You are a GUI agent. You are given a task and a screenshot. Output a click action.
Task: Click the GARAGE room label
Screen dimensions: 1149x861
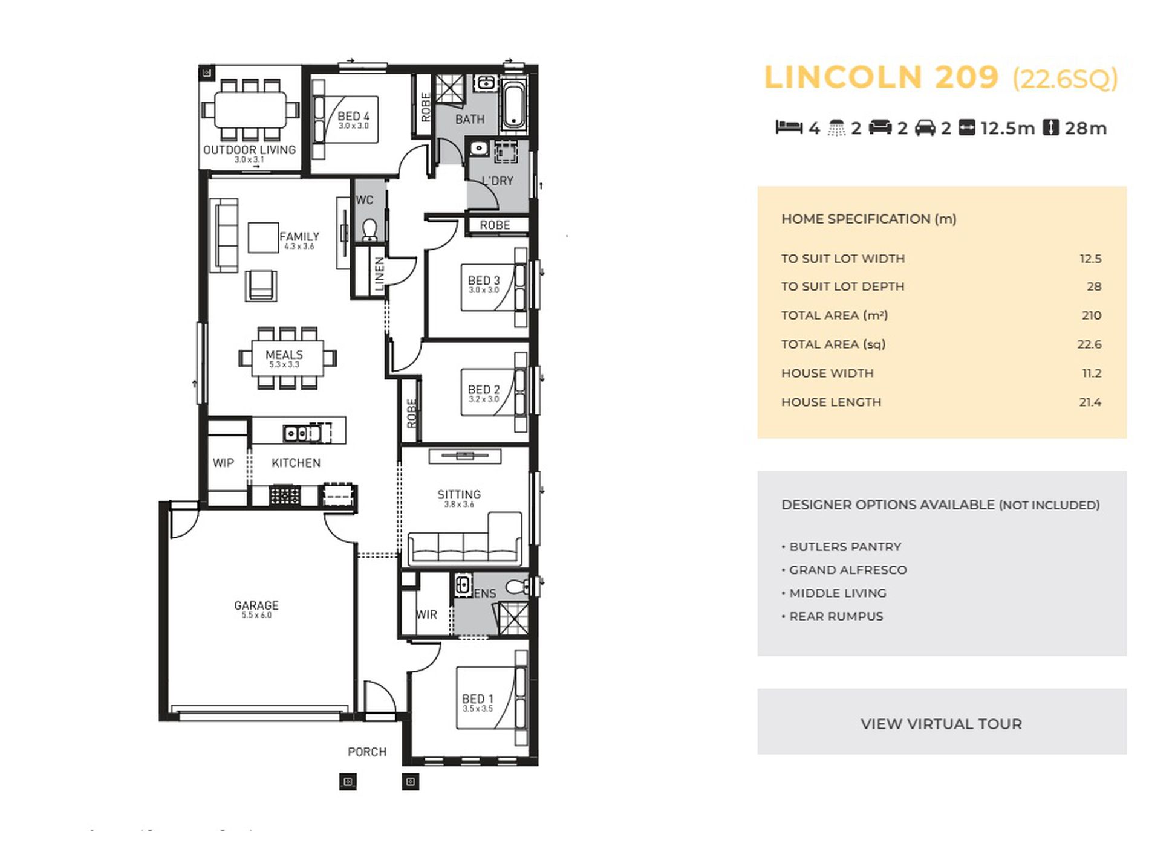pyautogui.click(x=256, y=605)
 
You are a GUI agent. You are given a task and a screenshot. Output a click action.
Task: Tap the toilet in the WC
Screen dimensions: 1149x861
pyautogui.click(x=369, y=230)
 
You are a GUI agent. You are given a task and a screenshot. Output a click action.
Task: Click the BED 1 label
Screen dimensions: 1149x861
pyautogui.click(x=478, y=698)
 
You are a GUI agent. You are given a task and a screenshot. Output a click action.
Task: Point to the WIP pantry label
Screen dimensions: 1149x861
pyautogui.click(x=223, y=463)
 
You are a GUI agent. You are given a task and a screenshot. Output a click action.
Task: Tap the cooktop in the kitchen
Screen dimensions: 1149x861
pyautogui.click(x=284, y=495)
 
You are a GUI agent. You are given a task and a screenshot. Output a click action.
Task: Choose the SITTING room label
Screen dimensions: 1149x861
pyautogui.click(x=459, y=494)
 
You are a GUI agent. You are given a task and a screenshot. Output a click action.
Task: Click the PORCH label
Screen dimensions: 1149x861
pyautogui.click(x=367, y=752)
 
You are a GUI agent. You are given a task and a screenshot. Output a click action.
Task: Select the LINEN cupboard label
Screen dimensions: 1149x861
pyautogui.click(x=380, y=274)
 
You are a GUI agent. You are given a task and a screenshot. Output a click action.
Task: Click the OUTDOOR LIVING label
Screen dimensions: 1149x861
pyautogui.click(x=249, y=150)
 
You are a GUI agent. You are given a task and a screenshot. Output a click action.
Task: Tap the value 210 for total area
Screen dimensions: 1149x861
pyautogui.click(x=1092, y=315)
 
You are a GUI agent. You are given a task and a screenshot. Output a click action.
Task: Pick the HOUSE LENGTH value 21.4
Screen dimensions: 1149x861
pyautogui.click(x=1090, y=402)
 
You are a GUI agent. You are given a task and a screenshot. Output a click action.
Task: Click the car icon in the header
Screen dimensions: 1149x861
pyautogui.click(x=925, y=128)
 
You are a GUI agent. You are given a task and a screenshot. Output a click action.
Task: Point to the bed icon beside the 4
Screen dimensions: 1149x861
pyautogui.click(x=789, y=127)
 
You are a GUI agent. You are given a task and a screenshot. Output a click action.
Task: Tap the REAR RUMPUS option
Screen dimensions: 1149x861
pyautogui.click(x=832, y=616)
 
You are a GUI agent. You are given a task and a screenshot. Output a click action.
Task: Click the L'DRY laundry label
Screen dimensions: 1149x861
pyautogui.click(x=498, y=181)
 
